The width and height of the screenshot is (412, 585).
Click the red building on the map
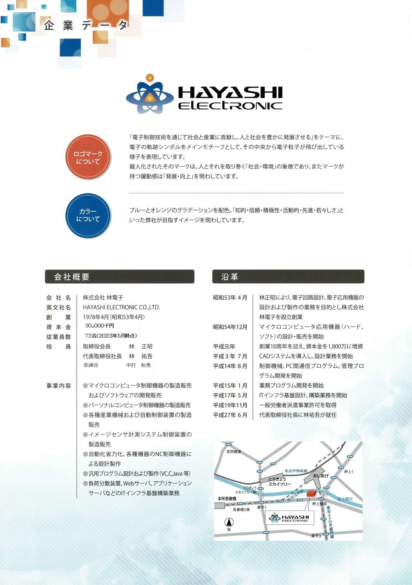(x=311, y=493)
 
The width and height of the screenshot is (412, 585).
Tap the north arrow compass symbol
(x=229, y=522)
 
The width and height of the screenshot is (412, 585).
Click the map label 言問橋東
(x=234, y=452)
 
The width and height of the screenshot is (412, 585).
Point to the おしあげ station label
(x=320, y=476)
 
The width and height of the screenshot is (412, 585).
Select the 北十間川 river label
(x=345, y=499)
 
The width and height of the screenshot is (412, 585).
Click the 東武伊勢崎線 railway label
(x=296, y=471)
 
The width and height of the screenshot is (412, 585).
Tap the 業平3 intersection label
(x=316, y=536)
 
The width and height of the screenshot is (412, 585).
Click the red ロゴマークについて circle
(x=88, y=157)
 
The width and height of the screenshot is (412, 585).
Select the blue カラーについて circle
(x=88, y=215)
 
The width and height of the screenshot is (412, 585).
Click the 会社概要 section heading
(x=72, y=277)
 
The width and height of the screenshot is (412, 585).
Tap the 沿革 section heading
(x=230, y=277)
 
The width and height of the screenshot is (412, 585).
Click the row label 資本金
(x=59, y=327)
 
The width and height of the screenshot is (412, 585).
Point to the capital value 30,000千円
(x=100, y=326)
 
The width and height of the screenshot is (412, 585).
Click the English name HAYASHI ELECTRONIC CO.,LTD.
(x=121, y=307)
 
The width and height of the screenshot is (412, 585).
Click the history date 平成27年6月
(x=230, y=415)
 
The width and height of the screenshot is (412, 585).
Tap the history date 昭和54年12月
(x=230, y=327)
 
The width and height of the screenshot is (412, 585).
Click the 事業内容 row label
(x=59, y=386)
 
